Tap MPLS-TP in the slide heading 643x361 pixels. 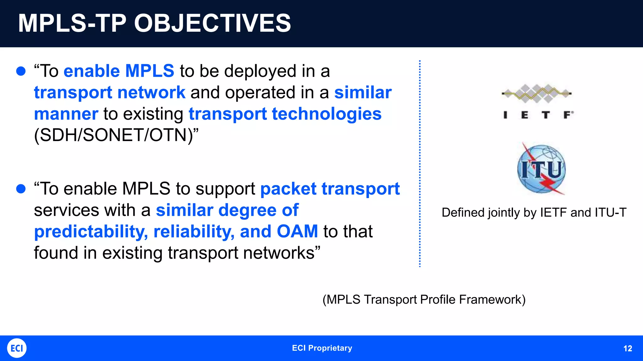(x=72, y=23)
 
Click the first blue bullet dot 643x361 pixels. (x=21, y=71)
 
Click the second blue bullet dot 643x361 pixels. (x=21, y=189)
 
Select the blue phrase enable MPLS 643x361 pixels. (x=119, y=71)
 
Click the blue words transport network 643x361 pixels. (x=110, y=92)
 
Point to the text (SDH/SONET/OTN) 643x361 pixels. (x=116, y=135)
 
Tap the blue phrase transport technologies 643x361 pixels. (x=285, y=114)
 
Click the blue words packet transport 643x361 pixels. (x=330, y=189)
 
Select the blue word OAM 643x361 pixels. (x=297, y=232)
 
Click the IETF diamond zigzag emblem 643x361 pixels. (x=537, y=93)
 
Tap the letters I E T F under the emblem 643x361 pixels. (x=538, y=115)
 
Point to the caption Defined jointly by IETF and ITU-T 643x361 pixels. (x=534, y=213)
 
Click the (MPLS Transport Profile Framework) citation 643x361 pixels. (x=424, y=300)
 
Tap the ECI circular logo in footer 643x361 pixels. (x=17, y=348)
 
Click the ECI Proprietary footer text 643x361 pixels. (x=322, y=348)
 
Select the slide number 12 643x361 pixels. (x=627, y=348)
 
